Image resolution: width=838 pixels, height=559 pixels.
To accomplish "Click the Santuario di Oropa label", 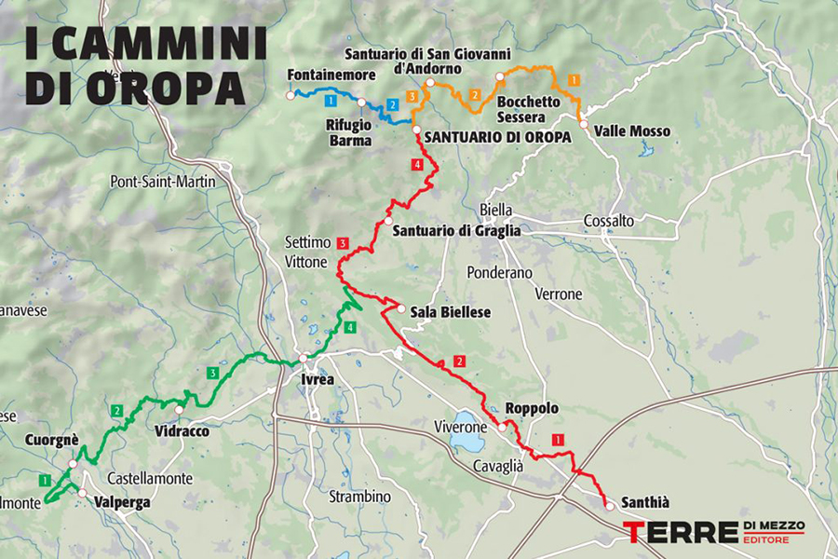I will click(496, 135).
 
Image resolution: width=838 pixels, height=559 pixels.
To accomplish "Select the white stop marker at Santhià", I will click(608, 506).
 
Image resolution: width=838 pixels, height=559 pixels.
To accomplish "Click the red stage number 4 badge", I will click(417, 165).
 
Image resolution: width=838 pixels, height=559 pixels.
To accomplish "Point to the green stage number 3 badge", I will click(213, 373).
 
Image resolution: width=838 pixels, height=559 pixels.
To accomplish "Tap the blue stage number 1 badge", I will click(331, 99).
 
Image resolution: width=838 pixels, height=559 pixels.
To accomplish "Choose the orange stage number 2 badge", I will click(475, 95).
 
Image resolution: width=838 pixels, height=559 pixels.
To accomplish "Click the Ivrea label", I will click(316, 380).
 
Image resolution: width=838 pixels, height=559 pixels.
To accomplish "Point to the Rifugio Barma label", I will click(349, 132).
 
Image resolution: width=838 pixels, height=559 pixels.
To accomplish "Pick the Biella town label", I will click(493, 208).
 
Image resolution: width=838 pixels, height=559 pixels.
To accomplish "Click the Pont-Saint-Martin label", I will click(163, 181).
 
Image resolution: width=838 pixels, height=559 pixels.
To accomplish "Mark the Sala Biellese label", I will click(451, 312).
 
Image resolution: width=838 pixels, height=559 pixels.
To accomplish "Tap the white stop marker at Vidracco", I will click(179, 409).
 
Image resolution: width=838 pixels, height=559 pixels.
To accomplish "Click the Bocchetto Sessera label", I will click(529, 109).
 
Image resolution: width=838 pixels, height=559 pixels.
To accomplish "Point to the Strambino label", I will click(359, 497).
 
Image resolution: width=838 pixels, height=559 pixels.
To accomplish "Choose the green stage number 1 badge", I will click(44, 480).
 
